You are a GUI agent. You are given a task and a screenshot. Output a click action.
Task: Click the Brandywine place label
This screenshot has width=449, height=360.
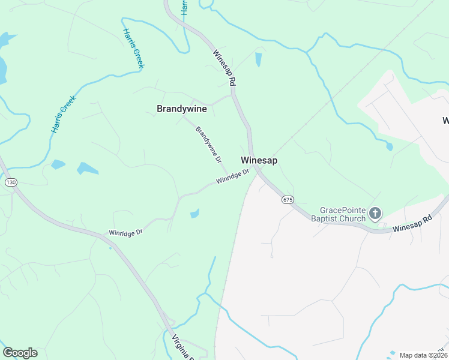181,109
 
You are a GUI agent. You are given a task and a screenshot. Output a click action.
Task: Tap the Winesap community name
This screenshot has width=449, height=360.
259,161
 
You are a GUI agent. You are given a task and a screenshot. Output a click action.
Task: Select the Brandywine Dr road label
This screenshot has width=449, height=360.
209,145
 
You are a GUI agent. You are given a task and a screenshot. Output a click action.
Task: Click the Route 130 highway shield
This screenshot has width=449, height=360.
11,182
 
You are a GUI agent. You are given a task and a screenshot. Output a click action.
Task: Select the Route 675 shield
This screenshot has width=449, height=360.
288,199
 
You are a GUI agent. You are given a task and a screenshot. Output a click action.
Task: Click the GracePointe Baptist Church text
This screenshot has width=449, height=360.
343,214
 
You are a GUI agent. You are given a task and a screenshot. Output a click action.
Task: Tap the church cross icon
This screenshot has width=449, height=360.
375,213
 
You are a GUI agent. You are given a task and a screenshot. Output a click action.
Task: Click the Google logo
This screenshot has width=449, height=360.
20,353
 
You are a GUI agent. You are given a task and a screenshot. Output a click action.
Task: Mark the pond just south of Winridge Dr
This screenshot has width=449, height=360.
194,214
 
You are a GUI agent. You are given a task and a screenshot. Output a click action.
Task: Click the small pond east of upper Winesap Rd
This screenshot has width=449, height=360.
259,59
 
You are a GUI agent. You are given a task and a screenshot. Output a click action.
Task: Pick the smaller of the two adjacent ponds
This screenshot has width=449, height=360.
58,164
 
